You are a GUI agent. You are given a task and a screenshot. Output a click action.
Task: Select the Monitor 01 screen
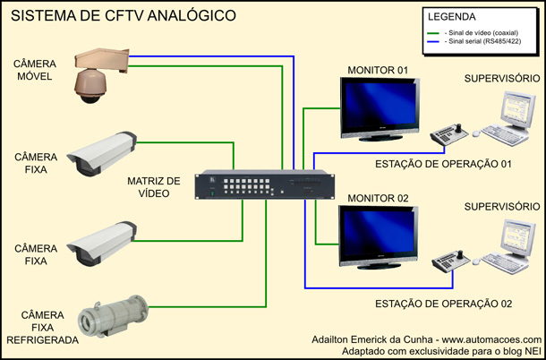[380, 107]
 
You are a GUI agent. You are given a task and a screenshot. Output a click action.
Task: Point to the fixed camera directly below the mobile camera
[103, 153]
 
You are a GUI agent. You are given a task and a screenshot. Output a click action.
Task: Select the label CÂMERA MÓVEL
[35, 70]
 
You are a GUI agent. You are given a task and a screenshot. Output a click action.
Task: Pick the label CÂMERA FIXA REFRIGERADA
[36, 327]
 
